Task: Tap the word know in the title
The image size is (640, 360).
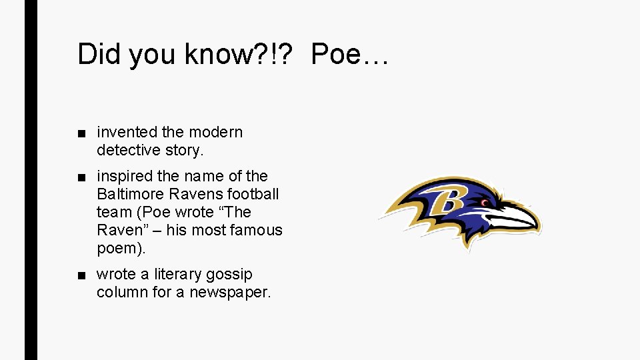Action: coord(215,54)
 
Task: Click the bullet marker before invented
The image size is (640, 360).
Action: coord(81,133)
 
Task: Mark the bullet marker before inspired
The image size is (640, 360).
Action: coord(81,177)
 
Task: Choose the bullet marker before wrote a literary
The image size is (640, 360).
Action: coord(81,275)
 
